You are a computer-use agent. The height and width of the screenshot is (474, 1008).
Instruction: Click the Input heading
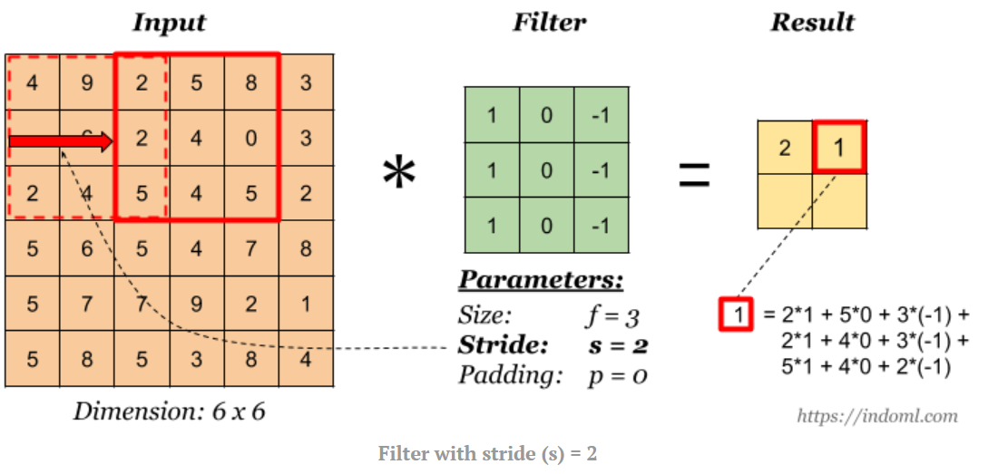170,23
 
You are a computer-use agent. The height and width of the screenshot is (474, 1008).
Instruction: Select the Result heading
812,23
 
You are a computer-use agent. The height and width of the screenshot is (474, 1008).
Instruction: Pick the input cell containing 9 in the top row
87,83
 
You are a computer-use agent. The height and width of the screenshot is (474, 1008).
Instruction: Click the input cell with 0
251,139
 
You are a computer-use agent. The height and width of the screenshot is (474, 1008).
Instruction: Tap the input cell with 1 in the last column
306,304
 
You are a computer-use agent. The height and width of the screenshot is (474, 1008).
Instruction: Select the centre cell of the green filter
546,170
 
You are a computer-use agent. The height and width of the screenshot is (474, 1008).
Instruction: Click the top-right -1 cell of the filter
601,115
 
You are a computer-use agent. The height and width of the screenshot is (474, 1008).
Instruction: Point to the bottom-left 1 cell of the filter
492,225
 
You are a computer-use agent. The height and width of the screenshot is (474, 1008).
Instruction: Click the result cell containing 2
785,147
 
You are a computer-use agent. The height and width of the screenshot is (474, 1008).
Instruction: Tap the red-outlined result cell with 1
839,147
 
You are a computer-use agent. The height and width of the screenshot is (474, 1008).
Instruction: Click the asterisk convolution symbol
398,172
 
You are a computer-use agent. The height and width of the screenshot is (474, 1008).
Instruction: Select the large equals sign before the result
694,172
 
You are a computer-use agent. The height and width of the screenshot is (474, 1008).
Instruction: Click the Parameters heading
541,279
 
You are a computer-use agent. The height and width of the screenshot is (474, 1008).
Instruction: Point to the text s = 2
618,345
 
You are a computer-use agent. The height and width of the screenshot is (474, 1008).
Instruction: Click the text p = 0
618,374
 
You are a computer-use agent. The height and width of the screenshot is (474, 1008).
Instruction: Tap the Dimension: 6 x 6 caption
170,412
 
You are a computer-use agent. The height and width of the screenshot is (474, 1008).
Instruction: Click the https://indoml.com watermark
876,416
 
